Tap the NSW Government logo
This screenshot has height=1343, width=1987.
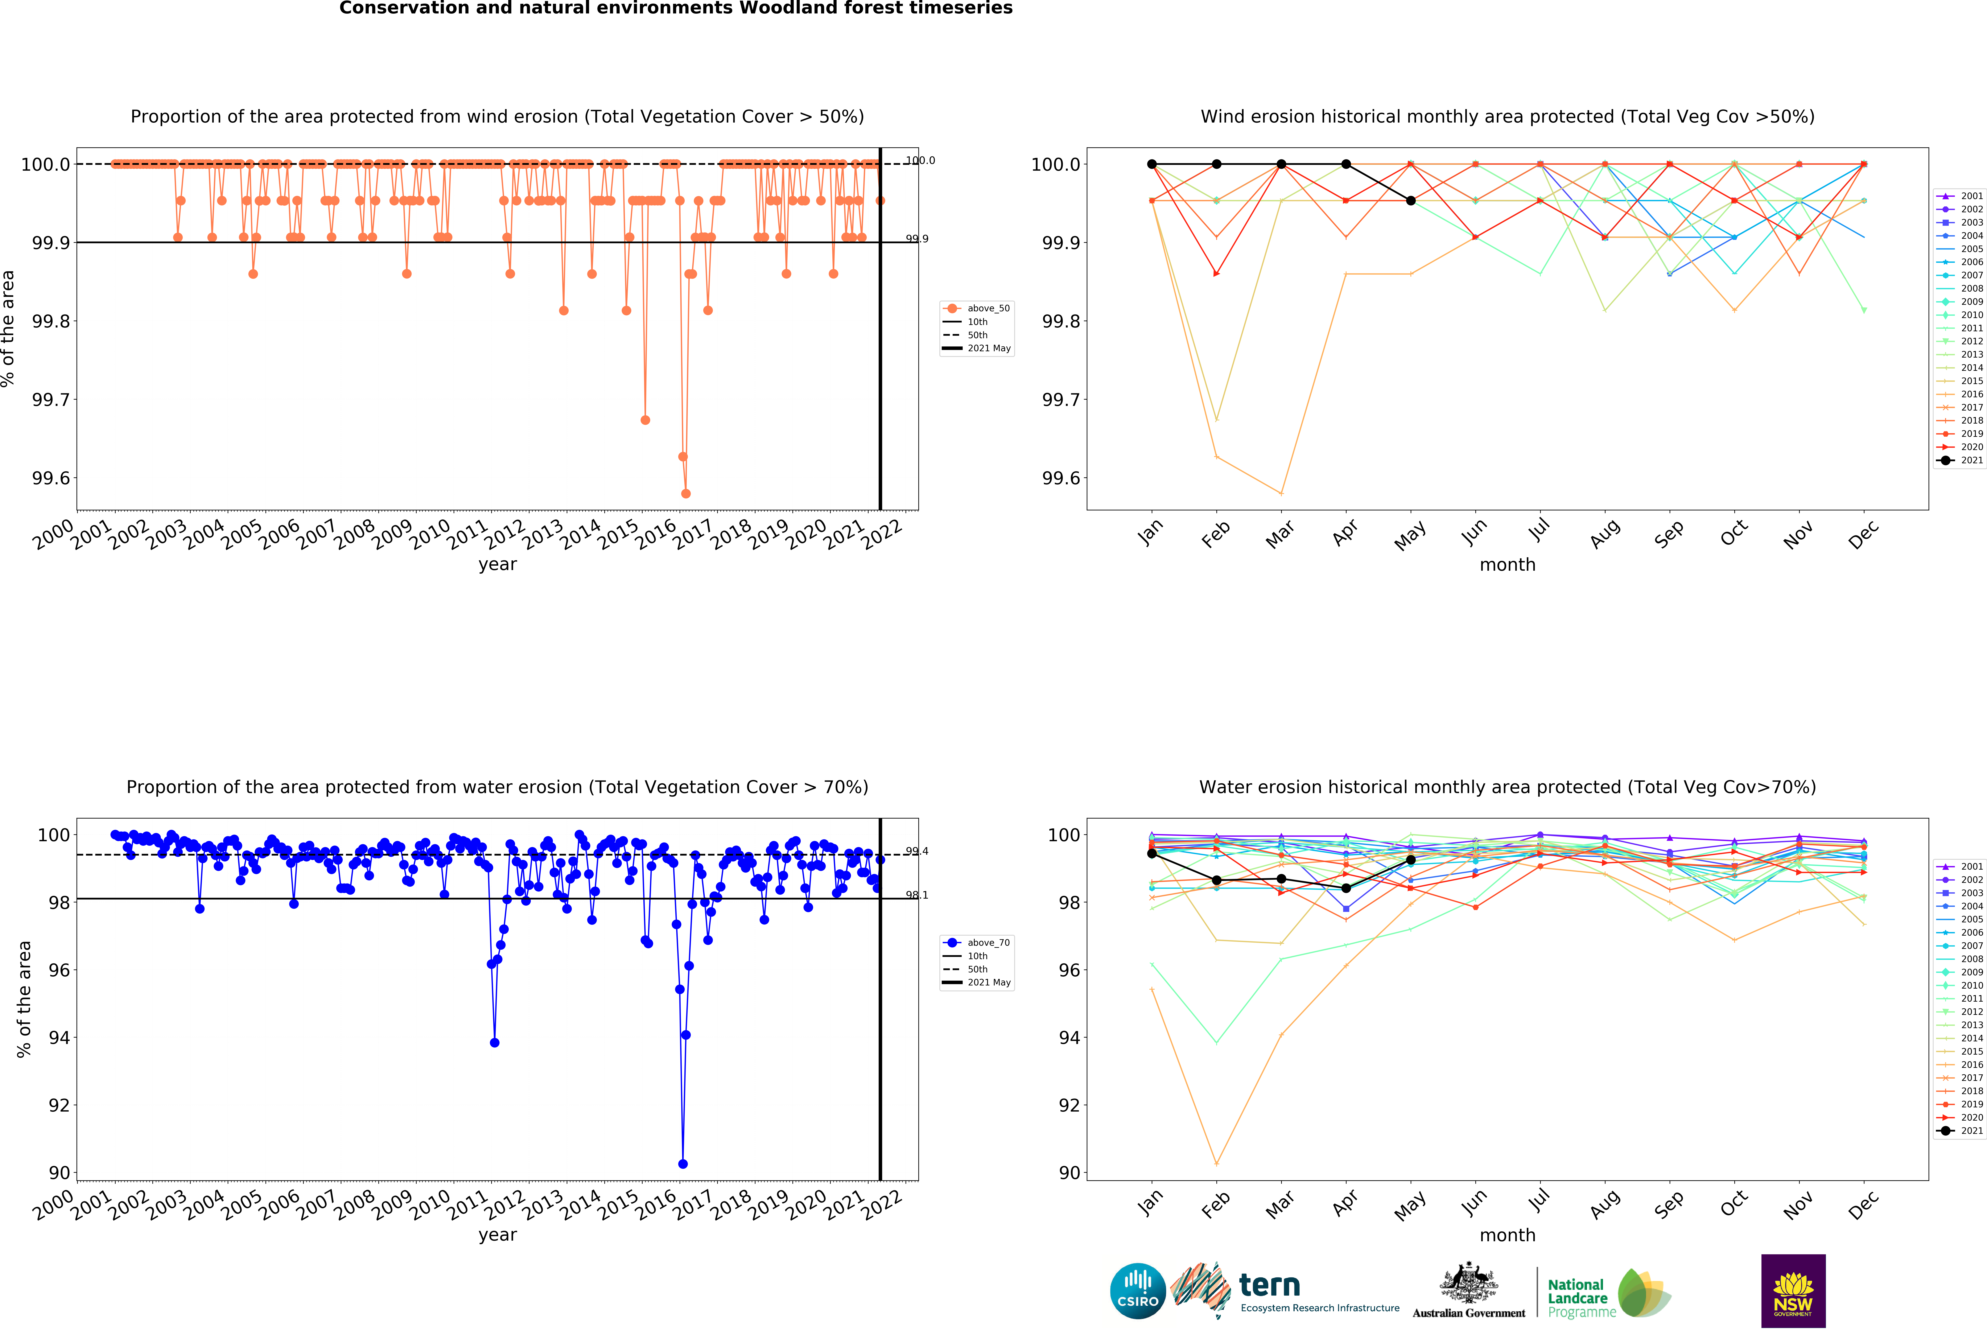[x=1793, y=1291]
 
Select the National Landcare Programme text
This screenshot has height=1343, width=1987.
[x=1578, y=1298]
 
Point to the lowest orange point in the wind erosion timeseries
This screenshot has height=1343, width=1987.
[x=686, y=493]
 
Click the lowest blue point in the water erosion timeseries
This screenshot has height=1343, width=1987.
[x=682, y=1163]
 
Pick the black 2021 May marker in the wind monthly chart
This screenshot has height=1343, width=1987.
[x=1411, y=201]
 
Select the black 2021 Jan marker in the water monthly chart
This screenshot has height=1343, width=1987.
[x=1152, y=853]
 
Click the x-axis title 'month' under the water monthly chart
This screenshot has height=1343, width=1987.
[x=1507, y=1235]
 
